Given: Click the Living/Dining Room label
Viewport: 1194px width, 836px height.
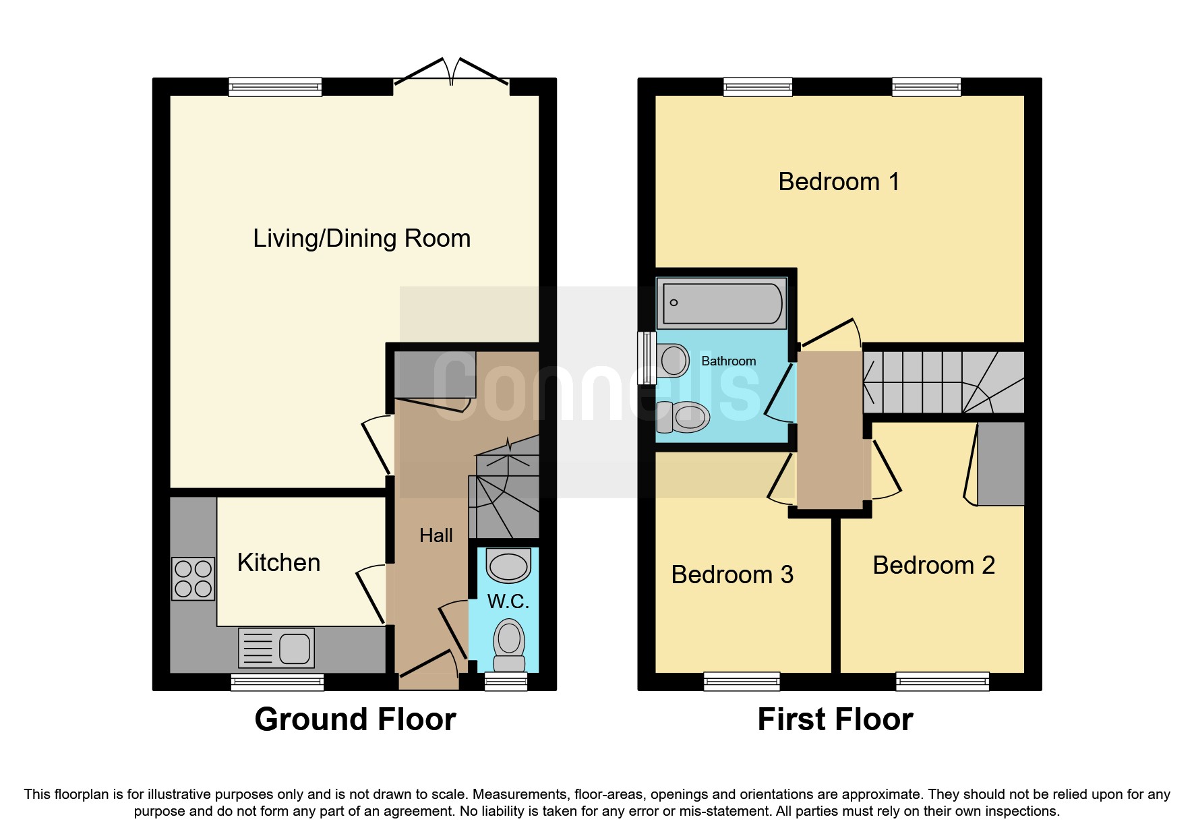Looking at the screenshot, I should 361,239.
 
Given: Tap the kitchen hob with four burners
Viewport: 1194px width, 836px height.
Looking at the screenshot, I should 193,578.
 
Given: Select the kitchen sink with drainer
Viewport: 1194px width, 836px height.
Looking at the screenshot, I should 276,648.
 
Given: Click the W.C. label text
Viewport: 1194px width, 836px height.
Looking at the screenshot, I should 508,601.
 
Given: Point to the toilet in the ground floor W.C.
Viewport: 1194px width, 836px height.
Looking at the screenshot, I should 509,643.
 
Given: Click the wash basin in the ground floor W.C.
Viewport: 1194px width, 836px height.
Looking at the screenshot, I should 508,566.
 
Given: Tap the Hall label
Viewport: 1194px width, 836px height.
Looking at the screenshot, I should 436,535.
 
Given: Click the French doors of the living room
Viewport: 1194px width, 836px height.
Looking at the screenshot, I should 451,73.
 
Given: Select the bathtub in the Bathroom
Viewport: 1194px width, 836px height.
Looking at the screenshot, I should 721,303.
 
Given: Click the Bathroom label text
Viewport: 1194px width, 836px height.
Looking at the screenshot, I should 728,361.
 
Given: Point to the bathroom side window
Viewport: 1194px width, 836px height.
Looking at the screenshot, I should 647,357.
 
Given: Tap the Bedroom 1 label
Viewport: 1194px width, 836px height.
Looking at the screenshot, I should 838,182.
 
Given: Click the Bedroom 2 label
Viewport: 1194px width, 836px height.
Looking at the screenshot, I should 933,565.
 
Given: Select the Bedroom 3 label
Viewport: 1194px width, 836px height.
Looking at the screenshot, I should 732,574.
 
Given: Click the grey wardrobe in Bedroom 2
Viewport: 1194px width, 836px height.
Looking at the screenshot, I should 1001,463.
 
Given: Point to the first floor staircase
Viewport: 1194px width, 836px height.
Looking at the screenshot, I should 943,382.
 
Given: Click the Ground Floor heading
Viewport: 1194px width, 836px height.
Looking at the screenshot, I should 355,719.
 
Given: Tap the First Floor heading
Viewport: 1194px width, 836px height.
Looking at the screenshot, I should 835,719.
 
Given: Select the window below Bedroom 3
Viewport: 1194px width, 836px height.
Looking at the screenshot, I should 742,682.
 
